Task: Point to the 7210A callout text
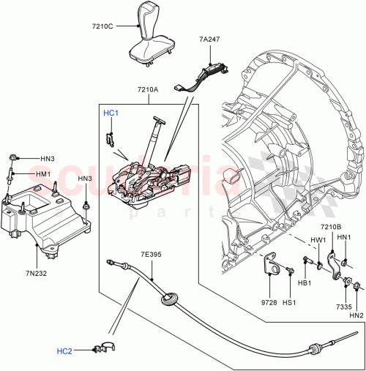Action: [147, 91]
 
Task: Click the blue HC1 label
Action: [110, 113]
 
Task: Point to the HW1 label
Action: [318, 239]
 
